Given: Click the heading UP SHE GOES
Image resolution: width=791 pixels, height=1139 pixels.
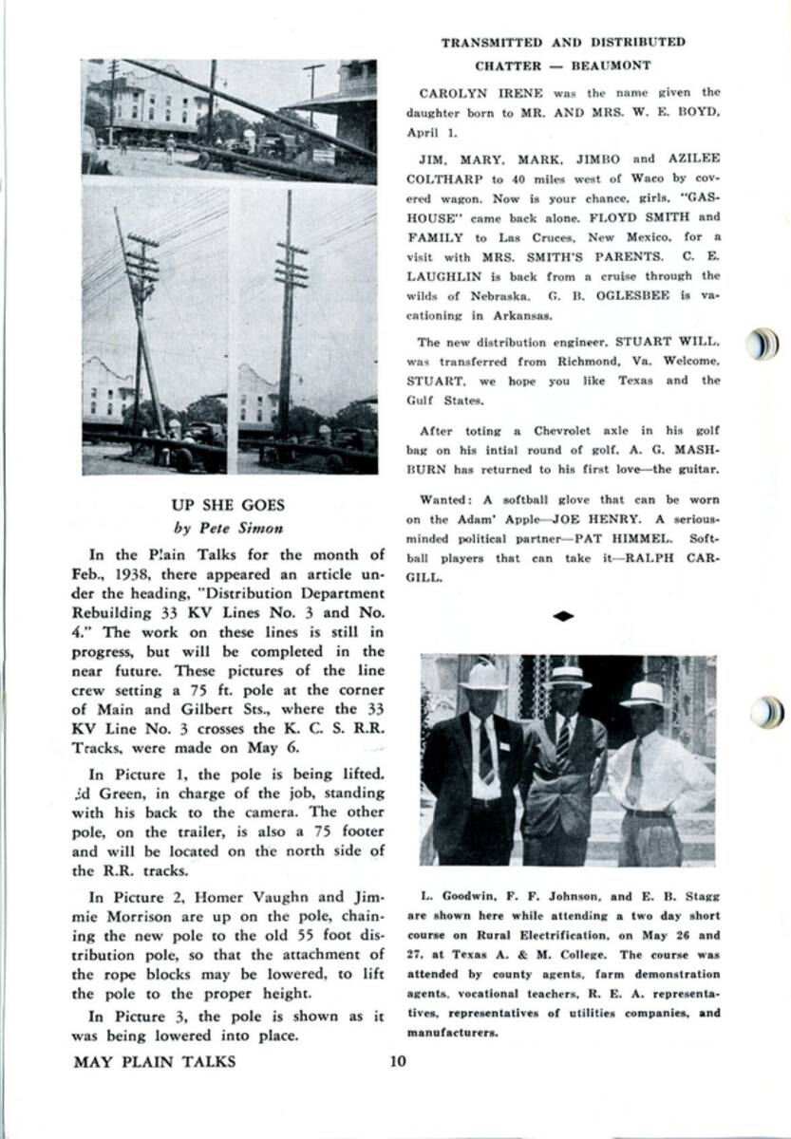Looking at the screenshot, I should (227, 506).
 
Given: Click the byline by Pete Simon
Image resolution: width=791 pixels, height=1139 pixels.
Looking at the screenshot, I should (227, 528).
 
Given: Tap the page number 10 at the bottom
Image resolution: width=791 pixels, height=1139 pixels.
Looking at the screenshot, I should (397, 1061).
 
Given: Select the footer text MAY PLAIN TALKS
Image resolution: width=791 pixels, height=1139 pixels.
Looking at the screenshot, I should (154, 1061).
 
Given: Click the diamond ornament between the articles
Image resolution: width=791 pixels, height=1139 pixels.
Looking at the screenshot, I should (563, 617).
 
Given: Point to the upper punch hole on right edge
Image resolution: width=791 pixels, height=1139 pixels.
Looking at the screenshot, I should (763, 345).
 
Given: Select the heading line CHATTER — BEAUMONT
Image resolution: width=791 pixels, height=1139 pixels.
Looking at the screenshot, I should (563, 65).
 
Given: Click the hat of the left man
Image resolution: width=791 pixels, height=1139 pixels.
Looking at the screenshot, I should (483, 676).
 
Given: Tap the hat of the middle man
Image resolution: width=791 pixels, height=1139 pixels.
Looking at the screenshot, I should (568, 676).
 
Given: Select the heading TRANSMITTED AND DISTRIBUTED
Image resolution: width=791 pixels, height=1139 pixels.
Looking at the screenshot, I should (563, 42).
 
